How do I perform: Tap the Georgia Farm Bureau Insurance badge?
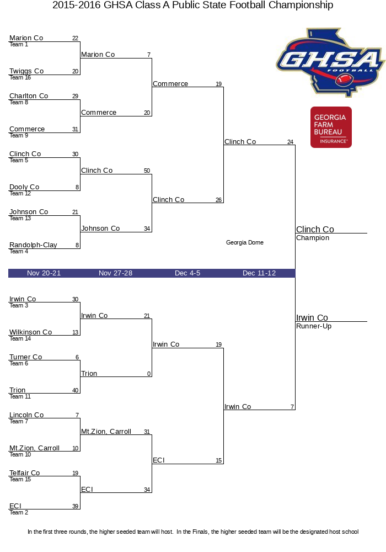tap(331, 127)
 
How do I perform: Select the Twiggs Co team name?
tap(26, 71)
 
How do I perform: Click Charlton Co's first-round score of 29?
tap(75, 96)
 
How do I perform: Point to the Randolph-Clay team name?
tap(33, 245)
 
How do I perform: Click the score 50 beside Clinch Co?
tap(147, 171)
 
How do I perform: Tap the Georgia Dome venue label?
tap(245, 242)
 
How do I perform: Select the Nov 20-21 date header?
tap(44, 273)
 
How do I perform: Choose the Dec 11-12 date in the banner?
tap(259, 273)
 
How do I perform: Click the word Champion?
tap(313, 238)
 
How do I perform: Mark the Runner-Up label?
tap(314, 326)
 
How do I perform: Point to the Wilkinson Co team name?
tap(30, 332)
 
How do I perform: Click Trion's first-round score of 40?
tap(75, 390)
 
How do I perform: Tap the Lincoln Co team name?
tap(26, 415)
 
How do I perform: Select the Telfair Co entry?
tap(25, 473)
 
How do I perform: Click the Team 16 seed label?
tap(20, 77)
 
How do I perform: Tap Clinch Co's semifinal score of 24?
tap(290, 142)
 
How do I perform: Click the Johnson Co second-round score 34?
tap(147, 229)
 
